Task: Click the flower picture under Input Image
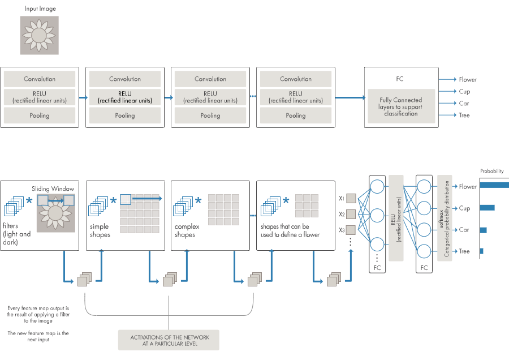40,35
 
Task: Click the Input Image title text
40,9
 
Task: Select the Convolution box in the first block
40,79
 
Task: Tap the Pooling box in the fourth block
296,115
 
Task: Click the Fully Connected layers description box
400,106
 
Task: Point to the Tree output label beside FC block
464,115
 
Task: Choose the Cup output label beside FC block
464,92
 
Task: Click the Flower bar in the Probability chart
494,185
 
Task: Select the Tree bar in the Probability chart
482,251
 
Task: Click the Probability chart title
492,171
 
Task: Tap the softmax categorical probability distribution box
445,218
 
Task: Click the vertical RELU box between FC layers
396,218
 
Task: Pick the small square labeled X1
351,199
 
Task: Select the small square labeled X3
351,230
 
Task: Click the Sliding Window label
53,188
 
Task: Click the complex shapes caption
185,230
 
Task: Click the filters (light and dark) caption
17,234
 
